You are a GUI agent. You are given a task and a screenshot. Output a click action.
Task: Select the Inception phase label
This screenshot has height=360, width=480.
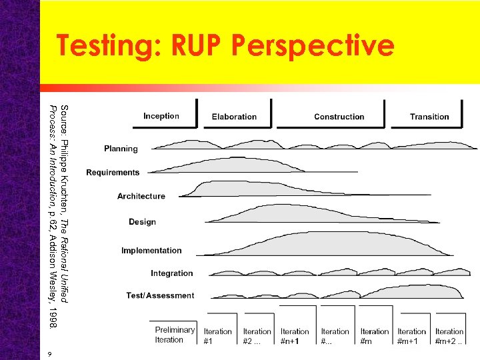161,116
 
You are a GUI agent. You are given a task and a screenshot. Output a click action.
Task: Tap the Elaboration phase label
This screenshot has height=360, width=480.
234,117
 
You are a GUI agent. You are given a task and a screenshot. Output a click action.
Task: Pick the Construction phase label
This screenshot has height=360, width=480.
339,117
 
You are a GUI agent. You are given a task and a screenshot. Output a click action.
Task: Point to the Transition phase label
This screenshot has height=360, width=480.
429,117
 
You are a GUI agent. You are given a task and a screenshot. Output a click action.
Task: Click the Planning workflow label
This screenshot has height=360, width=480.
121,149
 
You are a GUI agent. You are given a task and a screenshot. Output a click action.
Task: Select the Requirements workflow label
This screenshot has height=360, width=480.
113,173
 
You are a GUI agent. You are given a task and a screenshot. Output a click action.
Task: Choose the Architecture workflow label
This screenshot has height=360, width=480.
141,196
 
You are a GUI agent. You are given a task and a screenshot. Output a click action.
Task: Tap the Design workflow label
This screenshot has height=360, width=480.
142,222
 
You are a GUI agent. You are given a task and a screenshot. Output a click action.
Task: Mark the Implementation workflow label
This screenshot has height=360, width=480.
151,251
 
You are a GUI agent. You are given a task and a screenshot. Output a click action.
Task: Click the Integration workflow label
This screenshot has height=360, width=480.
171,273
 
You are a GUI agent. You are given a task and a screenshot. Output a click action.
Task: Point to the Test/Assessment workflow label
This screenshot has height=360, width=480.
160,295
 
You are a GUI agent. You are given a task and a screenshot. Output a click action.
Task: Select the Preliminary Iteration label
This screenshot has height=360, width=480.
175,335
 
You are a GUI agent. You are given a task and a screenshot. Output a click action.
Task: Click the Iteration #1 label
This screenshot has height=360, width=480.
218,335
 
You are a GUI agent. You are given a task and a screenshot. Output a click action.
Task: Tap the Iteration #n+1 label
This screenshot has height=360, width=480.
295,335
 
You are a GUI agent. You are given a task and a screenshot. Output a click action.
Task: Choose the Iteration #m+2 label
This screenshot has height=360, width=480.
449,335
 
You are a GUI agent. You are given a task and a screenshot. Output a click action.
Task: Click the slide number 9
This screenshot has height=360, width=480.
50,353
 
